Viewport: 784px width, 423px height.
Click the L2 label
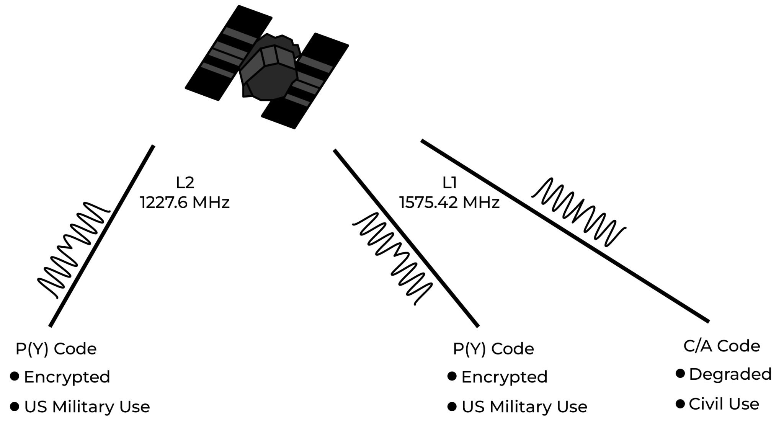click(185, 183)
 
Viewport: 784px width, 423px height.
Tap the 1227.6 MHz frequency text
click(185, 202)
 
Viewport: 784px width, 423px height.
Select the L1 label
click(449, 183)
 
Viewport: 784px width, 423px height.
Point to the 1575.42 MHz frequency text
click(449, 202)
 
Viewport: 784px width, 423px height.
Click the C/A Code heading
click(722, 346)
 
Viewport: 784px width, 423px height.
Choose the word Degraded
click(730, 374)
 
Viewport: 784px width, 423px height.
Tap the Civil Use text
click(724, 404)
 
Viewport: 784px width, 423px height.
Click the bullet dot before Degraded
click(680, 374)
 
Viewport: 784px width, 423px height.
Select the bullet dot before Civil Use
click(680, 403)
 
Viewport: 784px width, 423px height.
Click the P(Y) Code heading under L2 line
click(56, 349)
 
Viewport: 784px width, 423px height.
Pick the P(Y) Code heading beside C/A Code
click(493, 349)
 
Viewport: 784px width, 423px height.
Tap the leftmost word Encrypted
click(67, 377)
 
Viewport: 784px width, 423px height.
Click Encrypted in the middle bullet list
click(504, 377)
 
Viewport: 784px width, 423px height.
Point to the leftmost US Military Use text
click(87, 407)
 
